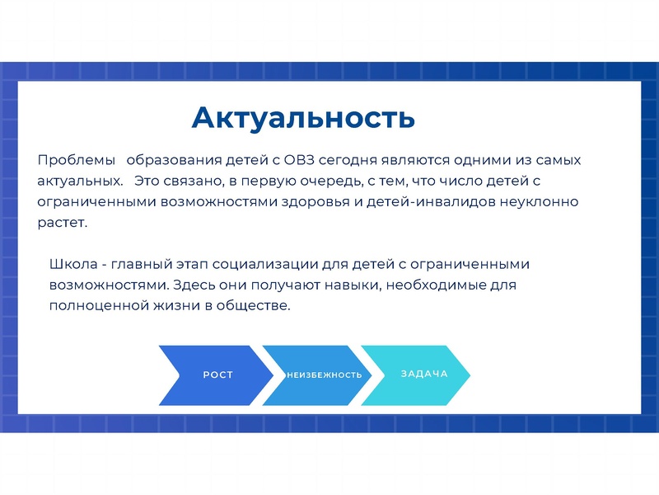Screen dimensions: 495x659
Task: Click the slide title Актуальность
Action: pyautogui.click(x=302, y=117)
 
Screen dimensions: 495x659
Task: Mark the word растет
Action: pyautogui.click(x=61, y=222)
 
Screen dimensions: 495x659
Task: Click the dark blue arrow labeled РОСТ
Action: pyautogui.click(x=215, y=375)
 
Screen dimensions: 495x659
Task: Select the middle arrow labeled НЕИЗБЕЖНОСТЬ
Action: pyautogui.click(x=324, y=375)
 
